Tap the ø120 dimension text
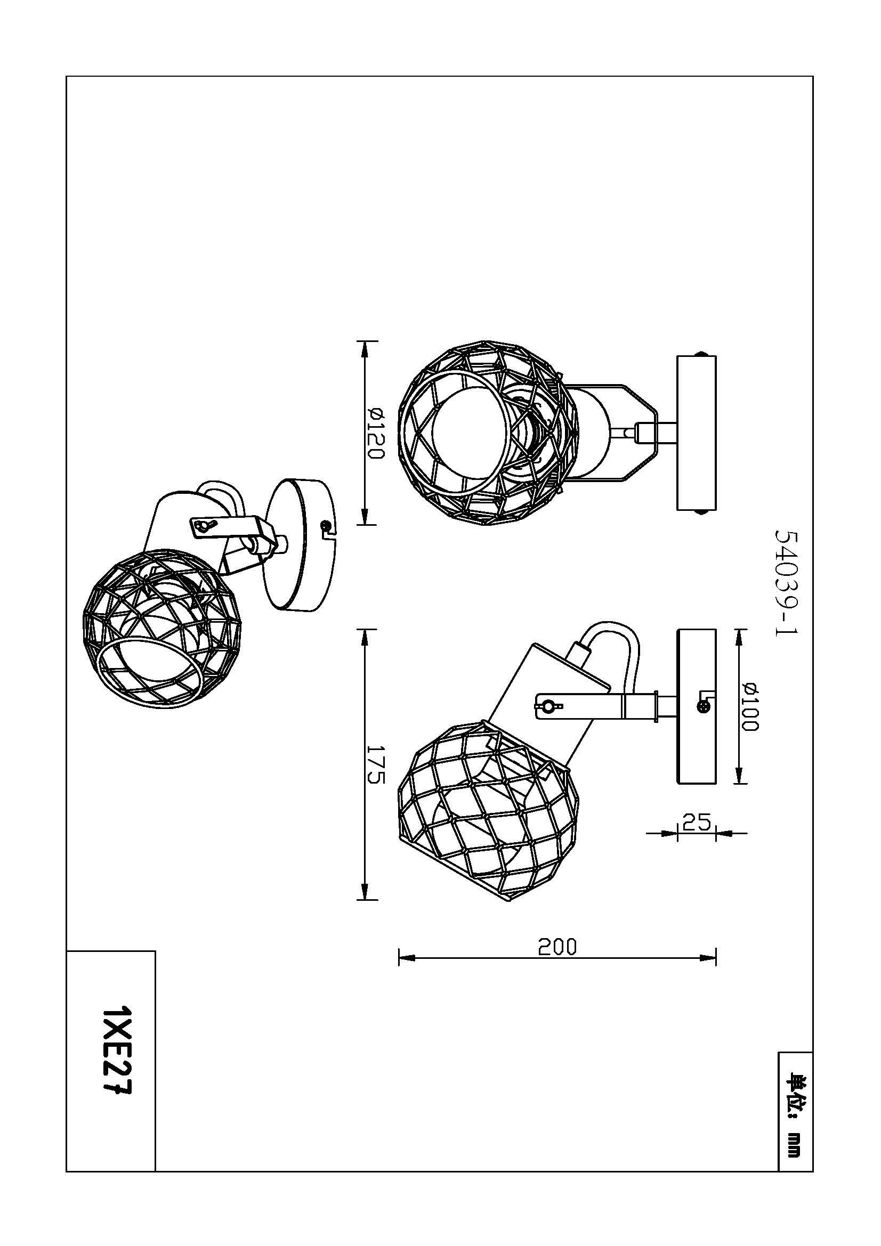(375, 433)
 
